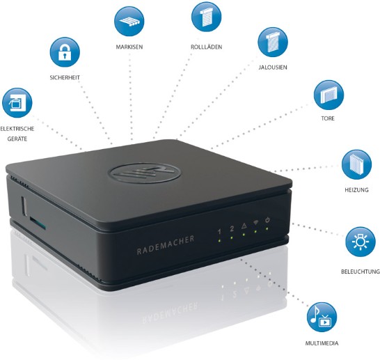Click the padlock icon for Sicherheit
coord(65,52)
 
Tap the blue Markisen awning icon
coord(129,22)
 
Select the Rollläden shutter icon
coord(206,17)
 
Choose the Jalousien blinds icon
coord(273,42)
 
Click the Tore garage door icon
coord(328,95)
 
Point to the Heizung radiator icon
coord(356,164)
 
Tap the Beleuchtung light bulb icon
coord(361,242)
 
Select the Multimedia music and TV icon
coord(322,317)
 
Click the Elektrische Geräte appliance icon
coord(17,103)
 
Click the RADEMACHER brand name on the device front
coord(166,245)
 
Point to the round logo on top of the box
coord(145,173)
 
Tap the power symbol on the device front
coord(267,220)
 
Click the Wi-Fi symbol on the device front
coord(255,223)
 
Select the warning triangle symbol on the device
coord(244,226)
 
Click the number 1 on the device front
coord(219,232)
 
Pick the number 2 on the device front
coord(232,228)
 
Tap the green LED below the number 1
coord(219,241)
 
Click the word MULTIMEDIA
coord(322,343)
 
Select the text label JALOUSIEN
coord(273,68)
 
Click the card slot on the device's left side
coord(38,223)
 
